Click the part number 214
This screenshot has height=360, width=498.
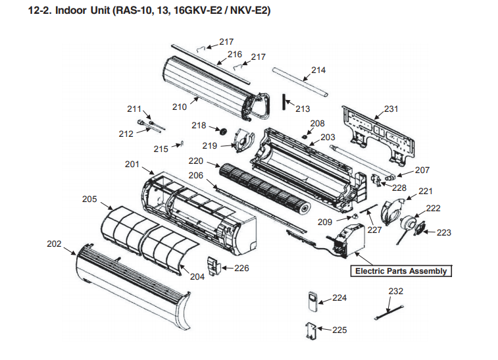pos(318,70)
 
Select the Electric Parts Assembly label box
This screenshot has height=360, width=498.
pos(401,271)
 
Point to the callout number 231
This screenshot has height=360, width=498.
pos(391,109)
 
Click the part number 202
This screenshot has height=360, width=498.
pos(54,244)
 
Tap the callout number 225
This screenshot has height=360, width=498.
pos(339,330)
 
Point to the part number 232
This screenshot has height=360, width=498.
pos(396,291)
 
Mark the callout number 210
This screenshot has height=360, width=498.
pos(180,106)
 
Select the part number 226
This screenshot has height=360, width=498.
pos(241,268)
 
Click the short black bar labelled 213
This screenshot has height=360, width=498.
pos(284,103)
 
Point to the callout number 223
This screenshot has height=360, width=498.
pos(444,232)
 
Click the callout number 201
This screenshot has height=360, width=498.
pos(132,164)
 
